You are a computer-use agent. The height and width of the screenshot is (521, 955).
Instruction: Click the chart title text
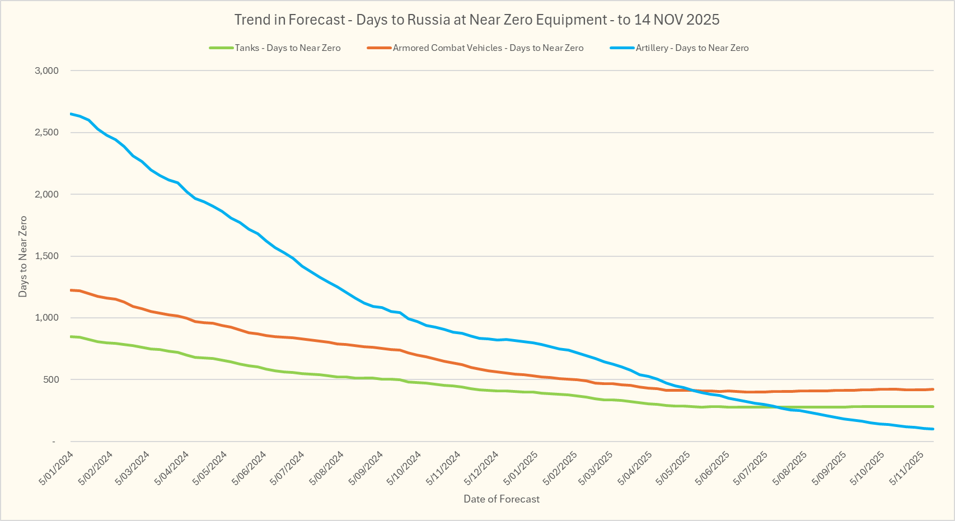click(x=476, y=20)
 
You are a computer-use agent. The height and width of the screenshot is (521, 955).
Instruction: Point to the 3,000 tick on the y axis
click(x=46, y=71)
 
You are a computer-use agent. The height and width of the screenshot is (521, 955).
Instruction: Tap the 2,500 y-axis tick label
click(x=46, y=133)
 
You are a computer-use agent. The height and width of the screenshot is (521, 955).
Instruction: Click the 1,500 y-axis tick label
click(x=46, y=256)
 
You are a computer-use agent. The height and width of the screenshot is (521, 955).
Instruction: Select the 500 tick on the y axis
click(x=51, y=380)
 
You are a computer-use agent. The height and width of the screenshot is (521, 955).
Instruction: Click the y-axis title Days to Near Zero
click(x=23, y=256)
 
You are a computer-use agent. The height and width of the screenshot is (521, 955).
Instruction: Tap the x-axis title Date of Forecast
click(x=502, y=499)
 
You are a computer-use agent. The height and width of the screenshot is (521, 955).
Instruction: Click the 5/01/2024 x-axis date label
click(x=57, y=468)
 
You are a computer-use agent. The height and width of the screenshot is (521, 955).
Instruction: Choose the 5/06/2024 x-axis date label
click(x=250, y=468)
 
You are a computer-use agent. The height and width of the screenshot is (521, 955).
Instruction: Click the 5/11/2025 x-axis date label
click(x=907, y=468)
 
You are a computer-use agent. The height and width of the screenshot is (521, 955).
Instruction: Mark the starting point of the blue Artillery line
click(x=71, y=114)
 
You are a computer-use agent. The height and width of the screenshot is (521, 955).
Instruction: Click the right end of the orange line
click(x=933, y=389)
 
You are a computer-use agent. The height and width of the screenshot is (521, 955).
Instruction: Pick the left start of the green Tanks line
click(x=71, y=336)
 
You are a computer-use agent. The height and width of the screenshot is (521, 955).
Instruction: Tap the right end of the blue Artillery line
click(x=933, y=429)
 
